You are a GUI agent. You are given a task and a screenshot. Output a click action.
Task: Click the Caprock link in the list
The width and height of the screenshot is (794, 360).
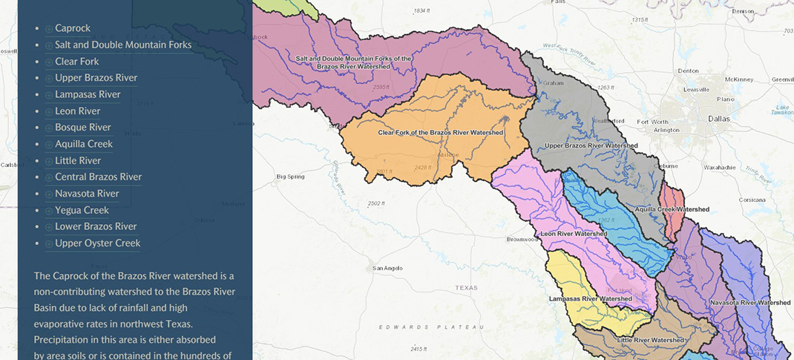click(x=73, y=28)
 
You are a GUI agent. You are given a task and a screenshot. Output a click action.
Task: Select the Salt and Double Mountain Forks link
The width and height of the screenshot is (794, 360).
click(x=123, y=45)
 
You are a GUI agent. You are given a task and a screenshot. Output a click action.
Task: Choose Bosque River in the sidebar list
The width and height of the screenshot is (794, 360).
click(x=82, y=128)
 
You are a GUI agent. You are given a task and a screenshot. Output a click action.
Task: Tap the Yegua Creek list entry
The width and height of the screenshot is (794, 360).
click(x=82, y=210)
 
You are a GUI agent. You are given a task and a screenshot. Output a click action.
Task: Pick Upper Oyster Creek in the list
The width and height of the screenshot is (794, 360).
click(x=97, y=243)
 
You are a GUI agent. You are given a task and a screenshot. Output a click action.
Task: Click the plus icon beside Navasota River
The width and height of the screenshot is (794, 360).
click(x=49, y=194)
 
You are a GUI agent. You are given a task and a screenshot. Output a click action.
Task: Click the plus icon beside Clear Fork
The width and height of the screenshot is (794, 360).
click(x=49, y=62)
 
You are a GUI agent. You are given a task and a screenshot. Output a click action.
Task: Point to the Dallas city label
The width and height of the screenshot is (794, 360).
click(x=718, y=119)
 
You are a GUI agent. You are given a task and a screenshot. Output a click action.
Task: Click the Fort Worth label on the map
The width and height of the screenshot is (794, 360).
click(x=652, y=122)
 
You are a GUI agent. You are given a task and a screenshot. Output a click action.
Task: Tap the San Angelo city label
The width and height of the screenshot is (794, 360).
click(x=387, y=268)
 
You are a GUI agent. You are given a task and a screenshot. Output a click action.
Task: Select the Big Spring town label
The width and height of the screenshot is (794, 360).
click(x=290, y=177)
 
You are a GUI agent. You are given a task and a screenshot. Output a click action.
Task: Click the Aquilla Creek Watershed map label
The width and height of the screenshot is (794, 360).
click(x=672, y=209)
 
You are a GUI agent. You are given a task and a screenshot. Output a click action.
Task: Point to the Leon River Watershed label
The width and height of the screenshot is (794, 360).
click(x=574, y=234)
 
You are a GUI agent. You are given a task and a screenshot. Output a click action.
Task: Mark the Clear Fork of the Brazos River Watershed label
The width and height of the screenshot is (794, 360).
click(x=440, y=133)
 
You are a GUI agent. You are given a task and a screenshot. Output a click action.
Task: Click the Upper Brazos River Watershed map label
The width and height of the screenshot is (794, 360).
click(x=591, y=145)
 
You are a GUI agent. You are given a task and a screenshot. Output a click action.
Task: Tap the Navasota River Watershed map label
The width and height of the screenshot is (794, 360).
click(x=749, y=303)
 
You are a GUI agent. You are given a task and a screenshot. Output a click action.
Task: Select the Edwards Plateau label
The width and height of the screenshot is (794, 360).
click(x=431, y=327)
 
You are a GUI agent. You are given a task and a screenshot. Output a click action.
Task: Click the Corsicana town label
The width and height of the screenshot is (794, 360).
click(x=751, y=200)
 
